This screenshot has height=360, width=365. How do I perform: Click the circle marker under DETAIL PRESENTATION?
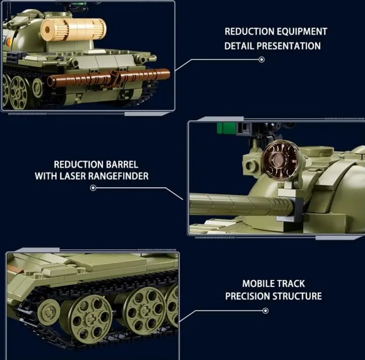[x=261, y=60]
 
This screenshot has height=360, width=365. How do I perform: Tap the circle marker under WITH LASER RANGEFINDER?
[x=93, y=188]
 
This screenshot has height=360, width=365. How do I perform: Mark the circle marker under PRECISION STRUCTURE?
[x=266, y=311]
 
